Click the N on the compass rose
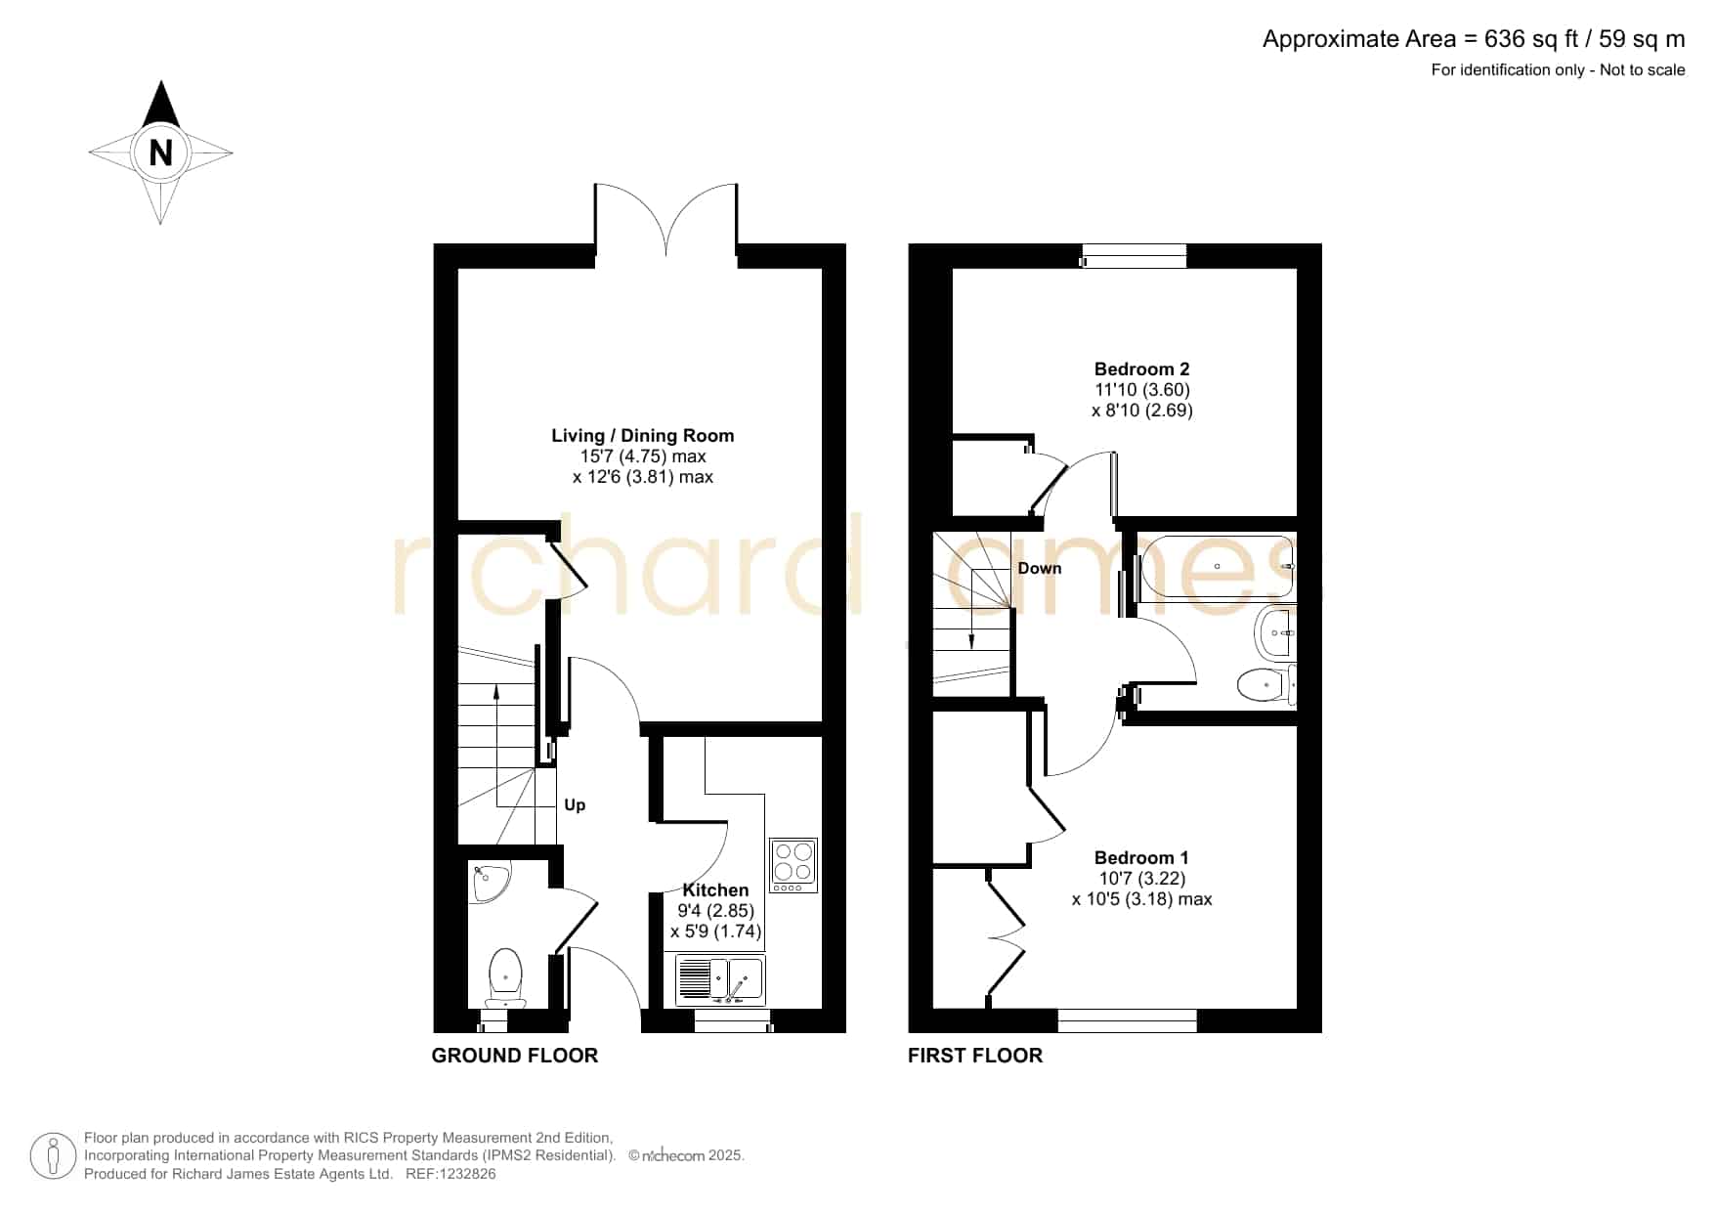161,153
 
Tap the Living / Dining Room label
642,436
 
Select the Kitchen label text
715,890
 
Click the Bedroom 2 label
1141,369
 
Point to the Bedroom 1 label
1141,858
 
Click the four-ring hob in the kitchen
793,865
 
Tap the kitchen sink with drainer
720,980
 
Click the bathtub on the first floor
1217,566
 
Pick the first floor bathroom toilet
1266,684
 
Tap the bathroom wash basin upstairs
1275,632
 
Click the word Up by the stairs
575,805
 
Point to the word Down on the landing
1040,569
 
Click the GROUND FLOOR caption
515,1056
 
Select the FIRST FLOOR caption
975,1056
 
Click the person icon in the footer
53,1156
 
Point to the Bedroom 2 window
1135,257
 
